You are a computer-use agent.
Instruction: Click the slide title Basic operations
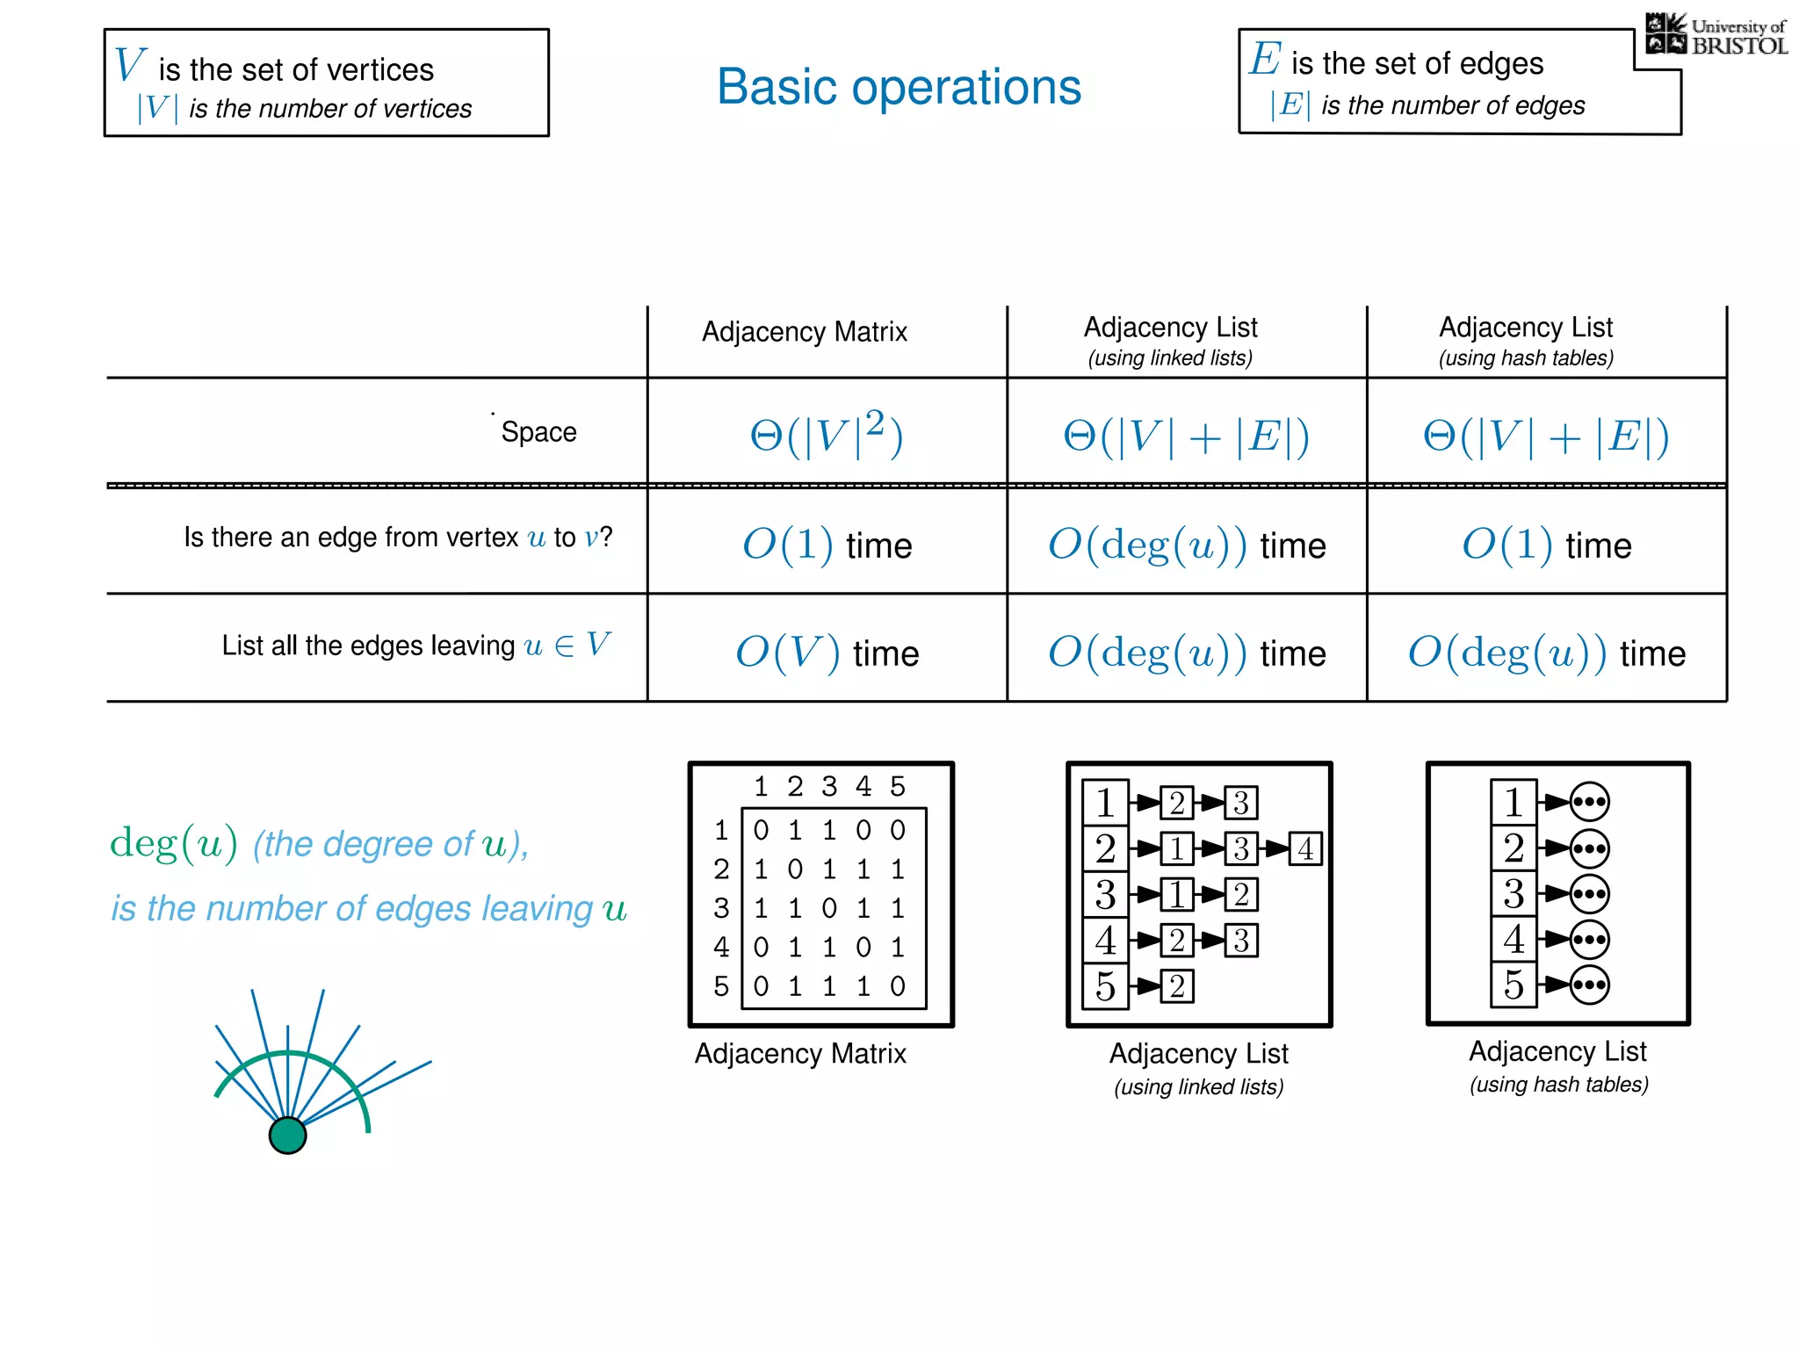[899, 87]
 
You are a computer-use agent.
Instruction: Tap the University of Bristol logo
[1716, 35]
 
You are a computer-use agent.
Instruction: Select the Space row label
[538, 432]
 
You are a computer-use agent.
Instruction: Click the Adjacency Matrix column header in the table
[804, 332]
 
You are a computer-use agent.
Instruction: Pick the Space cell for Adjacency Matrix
[826, 434]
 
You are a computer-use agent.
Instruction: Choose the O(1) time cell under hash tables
[1546, 545]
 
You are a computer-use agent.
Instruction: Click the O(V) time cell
[827, 653]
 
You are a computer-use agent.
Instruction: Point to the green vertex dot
[287, 1135]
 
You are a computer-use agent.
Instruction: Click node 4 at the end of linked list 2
[1305, 848]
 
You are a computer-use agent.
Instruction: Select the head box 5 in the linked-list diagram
[1105, 986]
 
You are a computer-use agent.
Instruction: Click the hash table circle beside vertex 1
[1589, 801]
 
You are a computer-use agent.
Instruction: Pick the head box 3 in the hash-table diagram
[1513, 893]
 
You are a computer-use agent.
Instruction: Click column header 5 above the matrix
[897, 786]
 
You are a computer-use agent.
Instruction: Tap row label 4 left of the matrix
[721, 947]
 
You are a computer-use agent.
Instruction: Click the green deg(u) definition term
[173, 843]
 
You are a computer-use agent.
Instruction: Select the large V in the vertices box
[129, 65]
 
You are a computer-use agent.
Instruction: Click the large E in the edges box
[1265, 59]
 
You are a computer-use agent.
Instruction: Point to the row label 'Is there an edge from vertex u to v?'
[397, 537]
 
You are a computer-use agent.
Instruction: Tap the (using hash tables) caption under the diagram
[1558, 1085]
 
